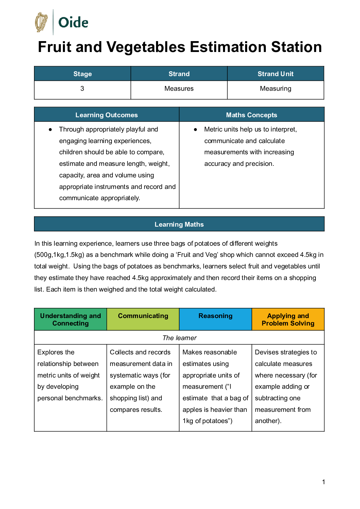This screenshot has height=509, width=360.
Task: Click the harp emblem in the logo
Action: click(x=41, y=22)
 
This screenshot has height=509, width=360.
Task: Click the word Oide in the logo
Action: click(x=73, y=23)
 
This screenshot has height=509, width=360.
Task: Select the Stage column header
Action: click(x=83, y=74)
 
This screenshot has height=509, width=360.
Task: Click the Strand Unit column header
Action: click(x=275, y=74)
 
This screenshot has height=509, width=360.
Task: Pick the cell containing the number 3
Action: click(x=82, y=89)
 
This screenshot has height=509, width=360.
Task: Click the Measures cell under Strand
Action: click(x=179, y=89)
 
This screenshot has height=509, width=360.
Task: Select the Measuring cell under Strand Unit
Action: click(x=275, y=89)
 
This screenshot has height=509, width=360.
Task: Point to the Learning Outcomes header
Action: click(x=106, y=115)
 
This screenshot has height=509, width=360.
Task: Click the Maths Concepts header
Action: click(x=252, y=115)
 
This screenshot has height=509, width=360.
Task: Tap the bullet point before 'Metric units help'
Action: click(x=195, y=129)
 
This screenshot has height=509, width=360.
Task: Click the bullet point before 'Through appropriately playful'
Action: click(x=50, y=129)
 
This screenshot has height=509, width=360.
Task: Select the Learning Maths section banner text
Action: click(x=179, y=224)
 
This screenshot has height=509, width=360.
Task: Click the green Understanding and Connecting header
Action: click(x=70, y=319)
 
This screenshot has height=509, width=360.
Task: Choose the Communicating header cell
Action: click(x=143, y=316)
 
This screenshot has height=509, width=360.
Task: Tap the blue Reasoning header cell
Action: click(x=216, y=316)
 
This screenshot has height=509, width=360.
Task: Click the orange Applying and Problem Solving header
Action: click(x=288, y=319)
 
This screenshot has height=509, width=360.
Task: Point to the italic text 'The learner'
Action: click(x=179, y=338)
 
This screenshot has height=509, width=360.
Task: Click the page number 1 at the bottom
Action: click(x=324, y=482)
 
